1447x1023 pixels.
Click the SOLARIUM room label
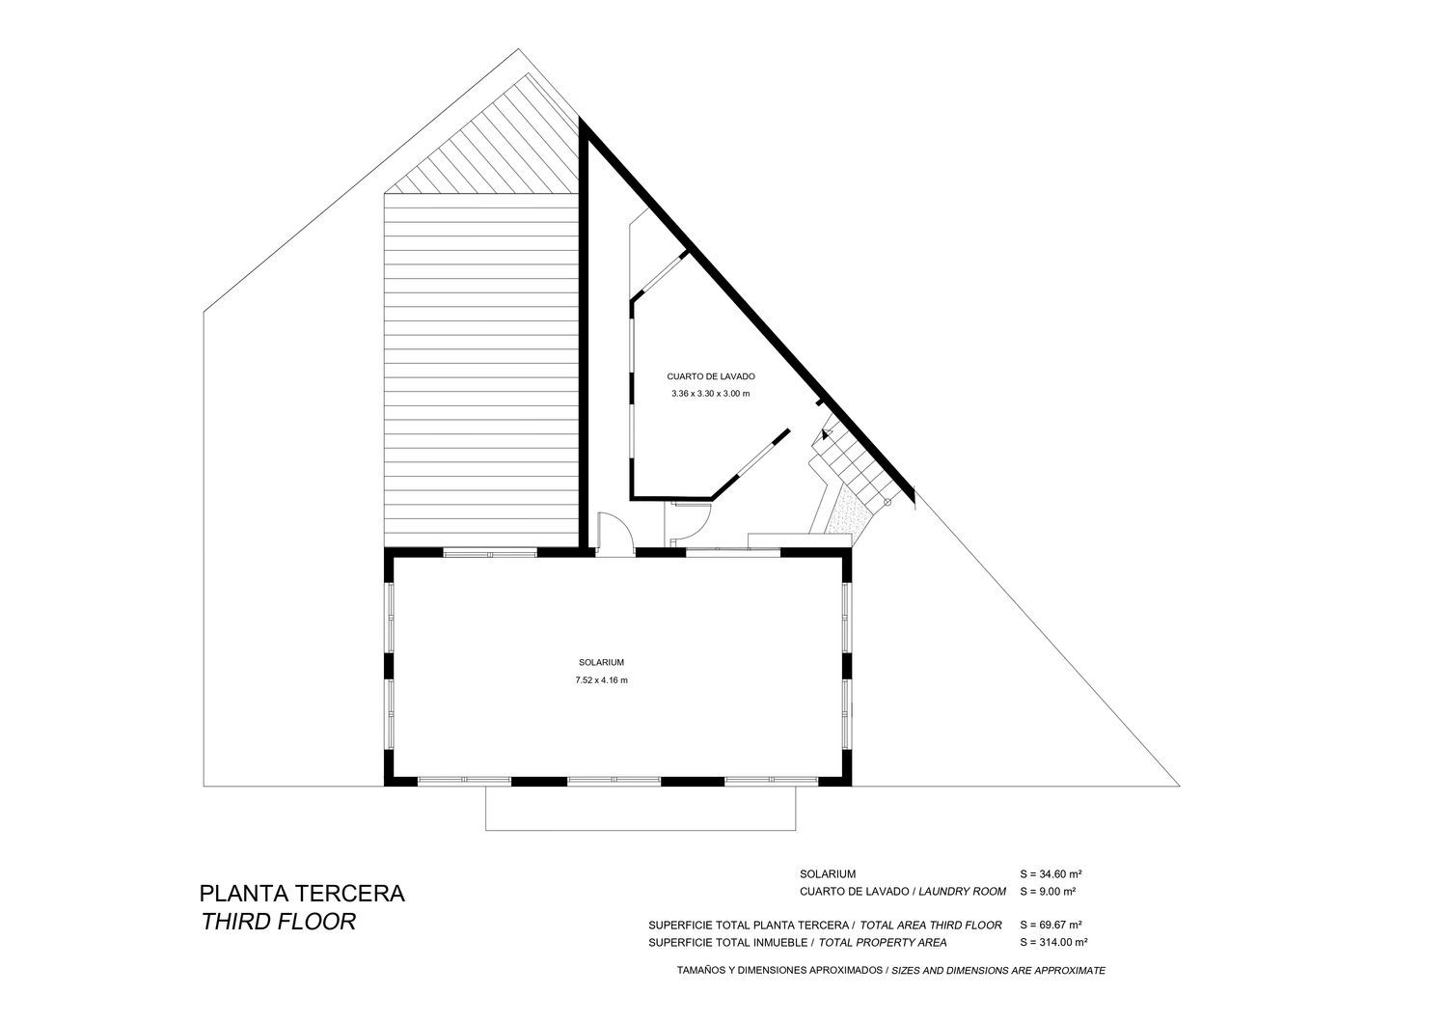point(601,662)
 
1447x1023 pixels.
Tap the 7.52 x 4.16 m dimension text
point(601,679)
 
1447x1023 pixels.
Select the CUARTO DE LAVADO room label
point(711,376)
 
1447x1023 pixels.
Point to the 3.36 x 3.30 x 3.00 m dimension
point(711,394)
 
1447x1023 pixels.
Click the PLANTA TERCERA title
point(302,893)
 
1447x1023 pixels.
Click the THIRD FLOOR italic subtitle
point(278,922)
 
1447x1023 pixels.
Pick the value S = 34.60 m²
point(1051,874)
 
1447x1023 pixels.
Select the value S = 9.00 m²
point(1048,892)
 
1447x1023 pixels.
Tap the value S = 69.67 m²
point(1051,926)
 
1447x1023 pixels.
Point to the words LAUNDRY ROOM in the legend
point(962,892)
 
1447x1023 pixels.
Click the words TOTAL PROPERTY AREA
point(883,943)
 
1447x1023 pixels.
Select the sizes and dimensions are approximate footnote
point(998,971)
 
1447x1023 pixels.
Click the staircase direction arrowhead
point(826,433)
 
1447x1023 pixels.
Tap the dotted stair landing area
point(849,511)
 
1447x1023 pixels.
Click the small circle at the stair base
point(887,502)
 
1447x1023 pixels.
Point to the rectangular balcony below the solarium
point(641,809)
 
